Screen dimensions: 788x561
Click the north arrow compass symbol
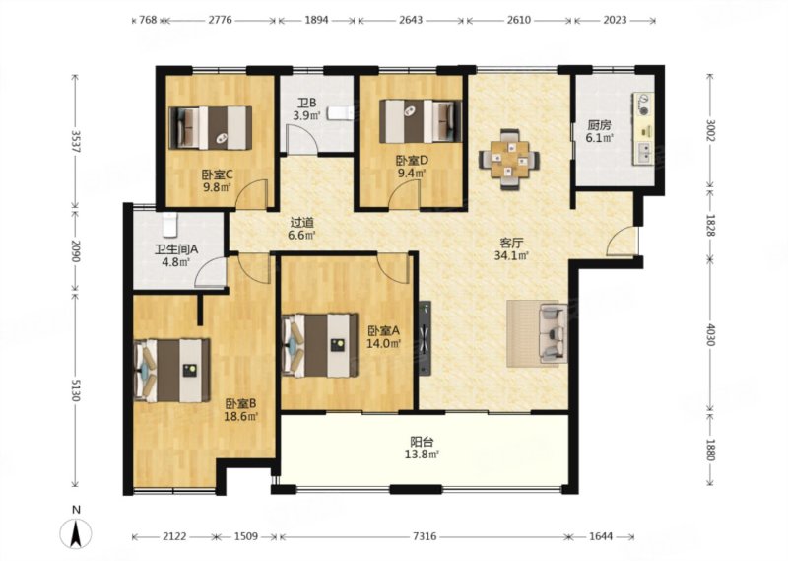tap(76, 532)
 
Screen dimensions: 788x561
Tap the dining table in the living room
tap(509, 159)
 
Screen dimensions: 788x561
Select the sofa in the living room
tap(553, 332)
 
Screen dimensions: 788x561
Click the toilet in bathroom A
tap(169, 224)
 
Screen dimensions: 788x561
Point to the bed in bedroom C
tap(211, 128)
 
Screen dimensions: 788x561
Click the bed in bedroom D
tap(421, 120)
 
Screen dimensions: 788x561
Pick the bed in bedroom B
tap(172, 371)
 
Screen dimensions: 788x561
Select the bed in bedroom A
tap(320, 346)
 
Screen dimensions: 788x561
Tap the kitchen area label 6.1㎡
tap(599, 137)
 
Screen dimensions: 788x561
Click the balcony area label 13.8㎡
tap(422, 455)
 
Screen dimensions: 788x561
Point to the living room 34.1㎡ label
tap(511, 255)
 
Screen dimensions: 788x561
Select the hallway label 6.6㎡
tap(302, 234)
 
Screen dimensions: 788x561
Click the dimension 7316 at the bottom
tap(425, 537)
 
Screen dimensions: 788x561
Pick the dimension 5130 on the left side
tap(76, 389)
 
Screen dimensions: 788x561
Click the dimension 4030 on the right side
tap(710, 333)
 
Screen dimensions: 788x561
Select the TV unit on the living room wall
tap(426, 338)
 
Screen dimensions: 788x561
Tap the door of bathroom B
tap(300, 139)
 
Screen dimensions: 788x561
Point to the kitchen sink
tap(643, 153)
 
